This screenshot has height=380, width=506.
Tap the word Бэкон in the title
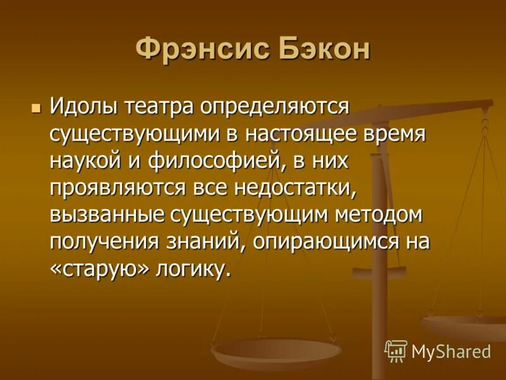(x=323, y=50)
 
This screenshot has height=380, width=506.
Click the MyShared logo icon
(x=396, y=350)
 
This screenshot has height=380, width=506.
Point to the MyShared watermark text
(x=451, y=351)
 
